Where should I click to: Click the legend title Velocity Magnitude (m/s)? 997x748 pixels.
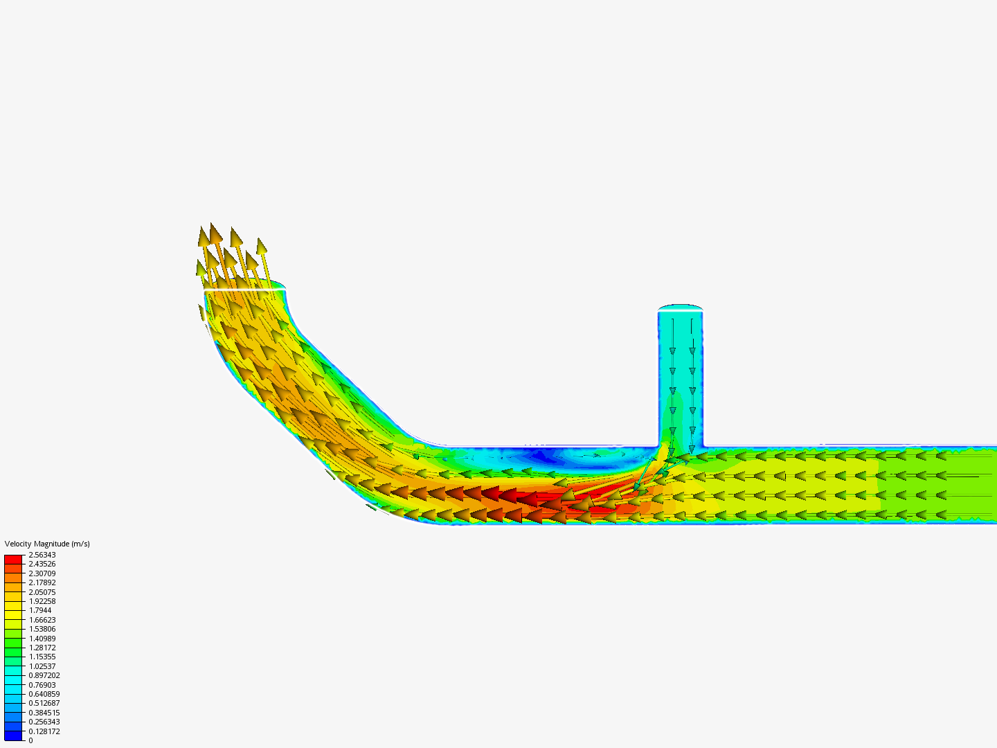coord(47,544)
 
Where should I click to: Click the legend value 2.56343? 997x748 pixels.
coord(42,555)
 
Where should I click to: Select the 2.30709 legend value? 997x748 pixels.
coord(42,573)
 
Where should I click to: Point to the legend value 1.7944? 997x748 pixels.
coord(40,610)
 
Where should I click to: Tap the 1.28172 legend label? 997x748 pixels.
coord(42,648)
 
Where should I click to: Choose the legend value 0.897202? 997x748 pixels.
coord(44,675)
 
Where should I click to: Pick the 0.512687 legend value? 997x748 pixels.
coord(44,703)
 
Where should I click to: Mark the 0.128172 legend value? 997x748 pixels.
coord(44,731)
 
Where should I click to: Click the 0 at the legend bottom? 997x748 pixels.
coord(30,740)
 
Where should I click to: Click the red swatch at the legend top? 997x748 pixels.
coord(13,559)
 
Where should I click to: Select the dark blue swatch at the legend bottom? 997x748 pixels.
coord(13,736)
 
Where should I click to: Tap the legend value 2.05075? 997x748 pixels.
coord(42,592)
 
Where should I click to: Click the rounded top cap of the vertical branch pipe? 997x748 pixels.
coord(681,308)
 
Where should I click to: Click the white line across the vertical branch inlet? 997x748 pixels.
coord(681,312)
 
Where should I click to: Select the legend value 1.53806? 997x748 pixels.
coord(42,629)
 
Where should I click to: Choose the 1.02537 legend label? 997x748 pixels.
coord(42,666)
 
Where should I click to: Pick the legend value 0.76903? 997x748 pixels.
coord(42,685)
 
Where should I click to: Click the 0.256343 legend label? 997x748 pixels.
coord(44,722)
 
